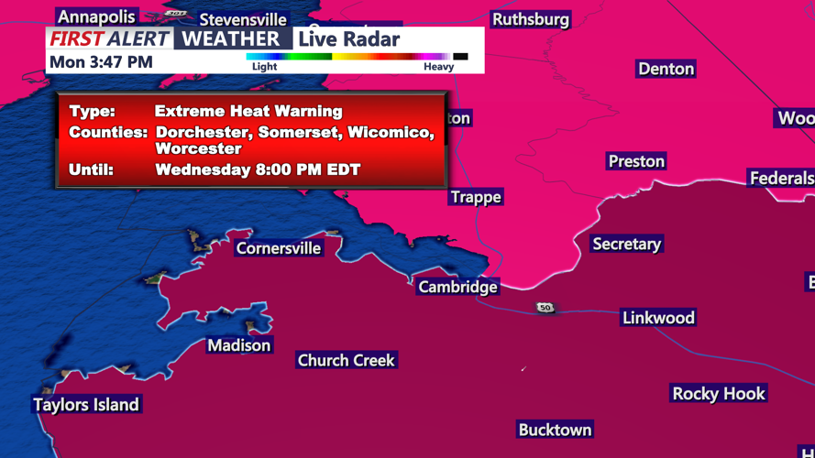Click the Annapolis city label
click(x=96, y=16)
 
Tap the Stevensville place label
click(x=243, y=19)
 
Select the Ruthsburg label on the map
click(x=530, y=19)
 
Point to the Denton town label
click(x=666, y=69)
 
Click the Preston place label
click(x=636, y=161)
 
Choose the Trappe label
click(x=476, y=197)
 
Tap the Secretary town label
click(x=626, y=244)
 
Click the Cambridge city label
click(x=457, y=287)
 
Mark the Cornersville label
click(x=279, y=248)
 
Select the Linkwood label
click(x=658, y=318)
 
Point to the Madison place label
click(x=239, y=345)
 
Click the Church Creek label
click(x=346, y=361)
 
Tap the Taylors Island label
click(x=86, y=405)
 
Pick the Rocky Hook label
click(x=719, y=394)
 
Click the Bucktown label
click(x=555, y=430)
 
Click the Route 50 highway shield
click(x=545, y=308)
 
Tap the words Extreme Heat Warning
click(x=248, y=111)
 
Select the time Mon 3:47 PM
click(x=101, y=62)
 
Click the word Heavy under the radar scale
click(x=438, y=67)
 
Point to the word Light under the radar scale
click(x=264, y=67)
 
